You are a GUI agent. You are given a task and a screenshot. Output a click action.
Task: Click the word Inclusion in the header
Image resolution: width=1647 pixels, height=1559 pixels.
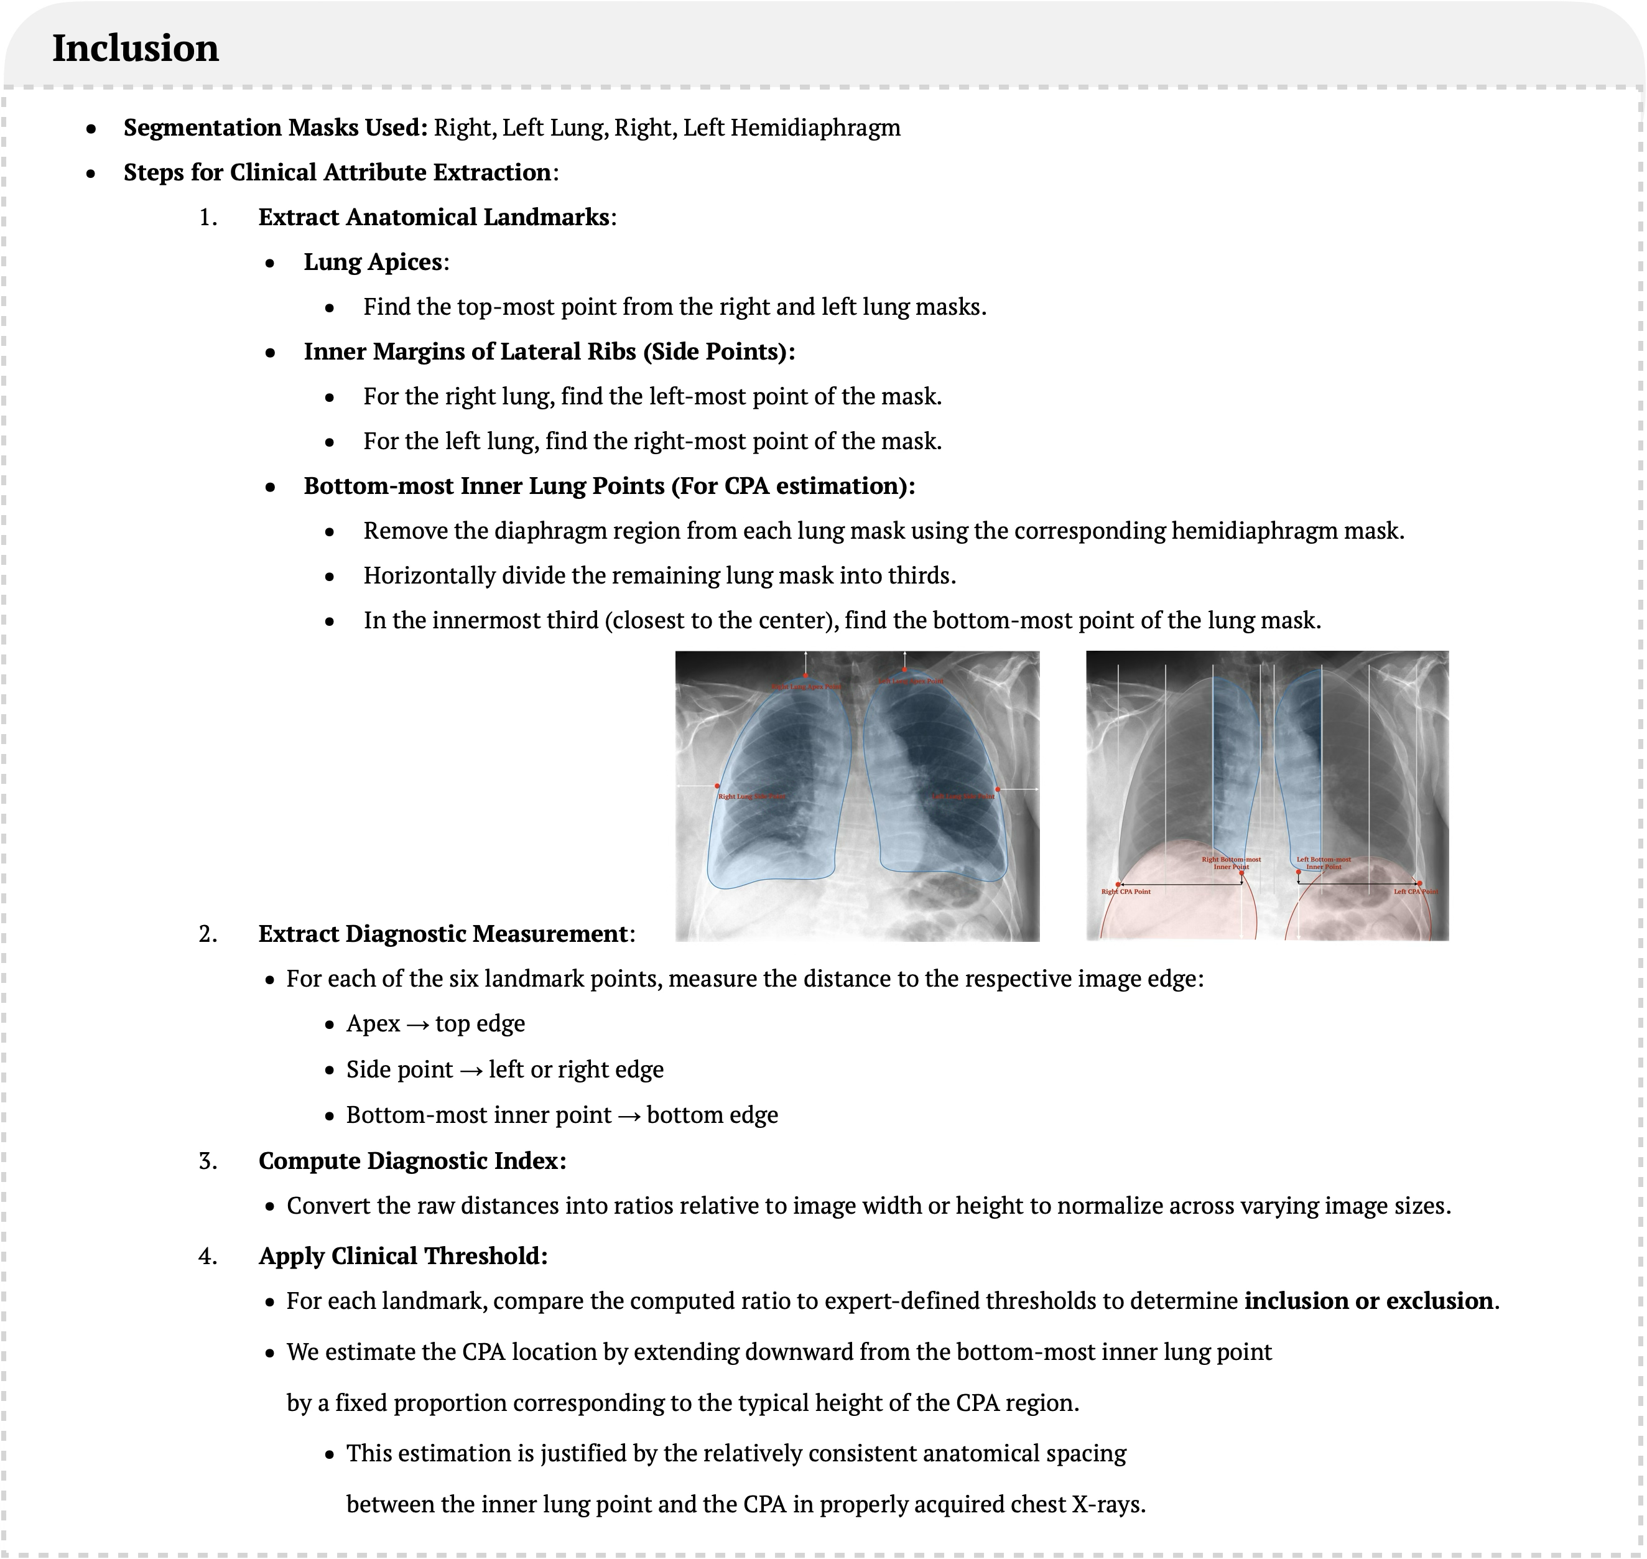[x=136, y=48]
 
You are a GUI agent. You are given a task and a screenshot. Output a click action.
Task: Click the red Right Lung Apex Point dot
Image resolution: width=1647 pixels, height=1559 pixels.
[x=805, y=676]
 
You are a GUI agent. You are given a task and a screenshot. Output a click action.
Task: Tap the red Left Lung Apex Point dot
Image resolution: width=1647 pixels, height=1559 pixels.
[x=905, y=670]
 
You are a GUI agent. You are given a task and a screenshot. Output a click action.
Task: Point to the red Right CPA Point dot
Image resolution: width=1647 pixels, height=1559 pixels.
[x=1120, y=884]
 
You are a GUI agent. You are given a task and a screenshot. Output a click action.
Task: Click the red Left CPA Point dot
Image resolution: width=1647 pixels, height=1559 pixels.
[x=1419, y=883]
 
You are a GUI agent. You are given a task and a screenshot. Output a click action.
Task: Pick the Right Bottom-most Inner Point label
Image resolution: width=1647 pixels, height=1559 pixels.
[x=1231, y=863]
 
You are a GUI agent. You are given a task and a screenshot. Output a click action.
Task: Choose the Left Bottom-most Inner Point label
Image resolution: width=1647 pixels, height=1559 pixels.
[x=1324, y=863]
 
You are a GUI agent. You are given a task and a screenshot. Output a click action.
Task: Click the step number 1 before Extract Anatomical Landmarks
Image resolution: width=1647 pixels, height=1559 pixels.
[x=207, y=218]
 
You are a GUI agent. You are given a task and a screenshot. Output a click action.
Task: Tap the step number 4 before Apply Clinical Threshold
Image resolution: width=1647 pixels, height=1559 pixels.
[x=207, y=1255]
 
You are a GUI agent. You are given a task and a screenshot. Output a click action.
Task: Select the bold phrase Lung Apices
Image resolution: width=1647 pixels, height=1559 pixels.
[x=373, y=263]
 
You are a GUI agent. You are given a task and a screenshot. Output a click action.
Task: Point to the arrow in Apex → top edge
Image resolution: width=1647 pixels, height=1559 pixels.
[x=417, y=1025]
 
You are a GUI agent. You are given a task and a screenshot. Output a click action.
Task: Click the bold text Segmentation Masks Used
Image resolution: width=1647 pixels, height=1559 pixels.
[x=274, y=128]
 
